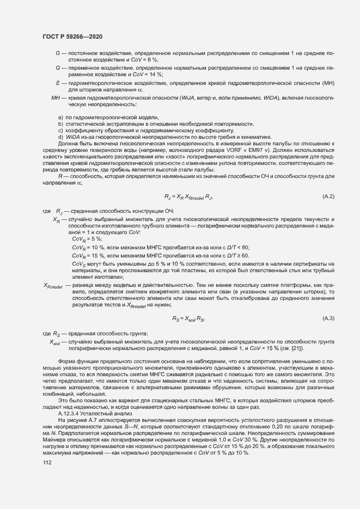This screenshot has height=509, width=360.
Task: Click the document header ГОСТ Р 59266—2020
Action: (72, 36)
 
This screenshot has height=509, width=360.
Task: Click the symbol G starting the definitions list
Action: (57, 53)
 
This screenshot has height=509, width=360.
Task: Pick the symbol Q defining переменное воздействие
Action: (57, 68)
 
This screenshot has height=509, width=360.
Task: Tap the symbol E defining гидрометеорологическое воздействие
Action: (57, 82)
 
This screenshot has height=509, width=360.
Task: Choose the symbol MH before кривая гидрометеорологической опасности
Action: (55, 97)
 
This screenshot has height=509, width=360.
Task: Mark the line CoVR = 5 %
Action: (87, 240)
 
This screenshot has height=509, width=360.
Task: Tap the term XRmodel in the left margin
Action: (53, 285)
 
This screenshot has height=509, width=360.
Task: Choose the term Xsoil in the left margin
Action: (55, 342)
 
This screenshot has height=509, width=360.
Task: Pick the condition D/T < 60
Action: (237, 247)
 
